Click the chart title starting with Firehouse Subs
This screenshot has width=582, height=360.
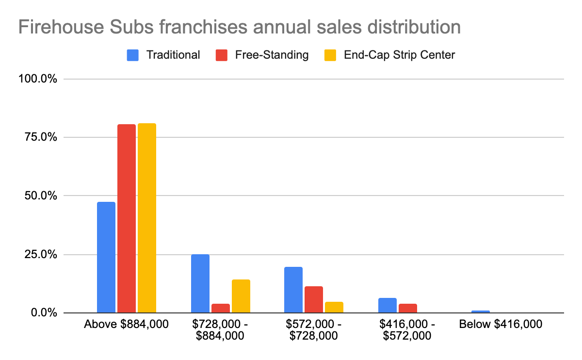click(239, 27)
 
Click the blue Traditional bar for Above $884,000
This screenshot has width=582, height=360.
click(106, 257)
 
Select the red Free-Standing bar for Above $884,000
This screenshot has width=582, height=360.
click(127, 218)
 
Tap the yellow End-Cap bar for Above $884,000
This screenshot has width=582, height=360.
click(147, 218)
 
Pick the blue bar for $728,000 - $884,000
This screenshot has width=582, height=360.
click(200, 283)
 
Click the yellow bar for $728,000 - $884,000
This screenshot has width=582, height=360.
click(241, 296)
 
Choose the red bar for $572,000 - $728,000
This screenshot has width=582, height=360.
click(314, 299)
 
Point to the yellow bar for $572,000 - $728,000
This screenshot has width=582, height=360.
click(334, 307)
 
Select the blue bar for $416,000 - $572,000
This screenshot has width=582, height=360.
click(388, 305)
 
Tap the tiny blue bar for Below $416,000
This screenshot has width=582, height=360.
click(481, 311)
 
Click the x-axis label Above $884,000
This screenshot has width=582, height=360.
click(127, 325)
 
